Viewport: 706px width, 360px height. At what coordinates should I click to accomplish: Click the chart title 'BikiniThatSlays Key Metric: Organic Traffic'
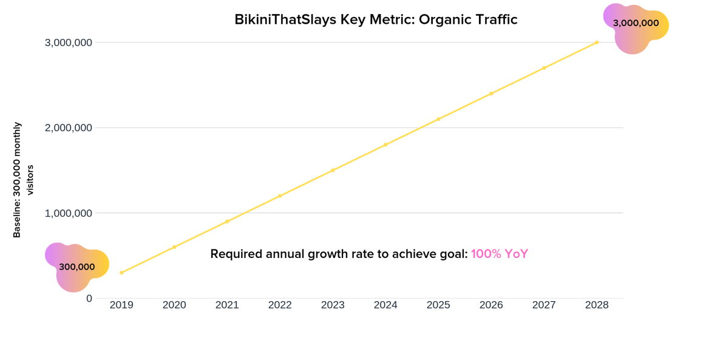[376, 19]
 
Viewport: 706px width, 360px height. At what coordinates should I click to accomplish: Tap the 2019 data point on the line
[121, 273]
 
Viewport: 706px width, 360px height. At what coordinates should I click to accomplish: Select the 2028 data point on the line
[597, 42]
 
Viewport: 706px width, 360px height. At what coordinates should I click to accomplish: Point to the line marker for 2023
[333, 170]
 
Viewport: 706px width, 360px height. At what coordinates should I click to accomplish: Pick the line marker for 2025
[438, 119]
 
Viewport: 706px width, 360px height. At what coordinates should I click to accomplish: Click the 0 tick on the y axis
[89, 298]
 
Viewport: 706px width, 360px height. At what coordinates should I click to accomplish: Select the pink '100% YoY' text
[500, 254]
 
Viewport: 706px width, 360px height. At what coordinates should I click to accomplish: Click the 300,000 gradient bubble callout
[76, 267]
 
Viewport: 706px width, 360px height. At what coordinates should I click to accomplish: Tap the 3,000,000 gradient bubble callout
[636, 24]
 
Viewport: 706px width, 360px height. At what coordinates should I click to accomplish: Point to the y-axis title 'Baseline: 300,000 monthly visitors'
[23, 180]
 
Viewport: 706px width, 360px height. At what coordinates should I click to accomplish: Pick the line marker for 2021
[227, 222]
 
